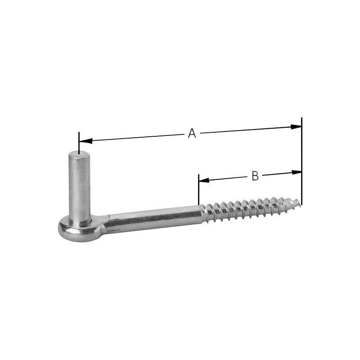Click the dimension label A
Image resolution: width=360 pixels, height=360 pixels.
point(192,133)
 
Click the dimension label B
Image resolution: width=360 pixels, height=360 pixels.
point(255,175)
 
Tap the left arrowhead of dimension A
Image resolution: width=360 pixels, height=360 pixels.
point(85,141)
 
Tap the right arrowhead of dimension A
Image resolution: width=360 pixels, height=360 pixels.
point(296,126)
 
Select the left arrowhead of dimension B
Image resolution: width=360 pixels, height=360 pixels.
point(204,180)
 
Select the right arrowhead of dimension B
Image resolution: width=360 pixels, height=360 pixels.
point(297,172)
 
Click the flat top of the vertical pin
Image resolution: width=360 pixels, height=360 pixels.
point(79,154)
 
